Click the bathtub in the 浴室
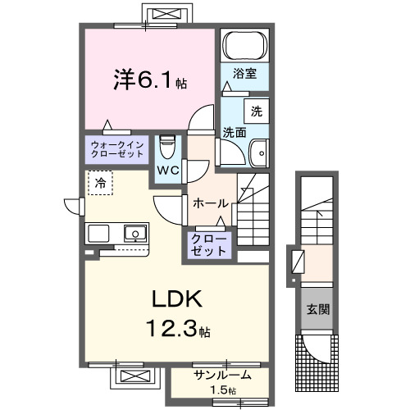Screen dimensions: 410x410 (246, 45)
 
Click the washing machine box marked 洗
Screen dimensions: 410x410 (257, 111)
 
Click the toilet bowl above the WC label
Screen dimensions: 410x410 (166, 149)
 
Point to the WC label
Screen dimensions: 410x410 (170, 170)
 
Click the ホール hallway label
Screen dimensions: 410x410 (210, 203)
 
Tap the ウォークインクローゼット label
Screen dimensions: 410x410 (115, 150)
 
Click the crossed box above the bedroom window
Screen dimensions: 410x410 (170, 15)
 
